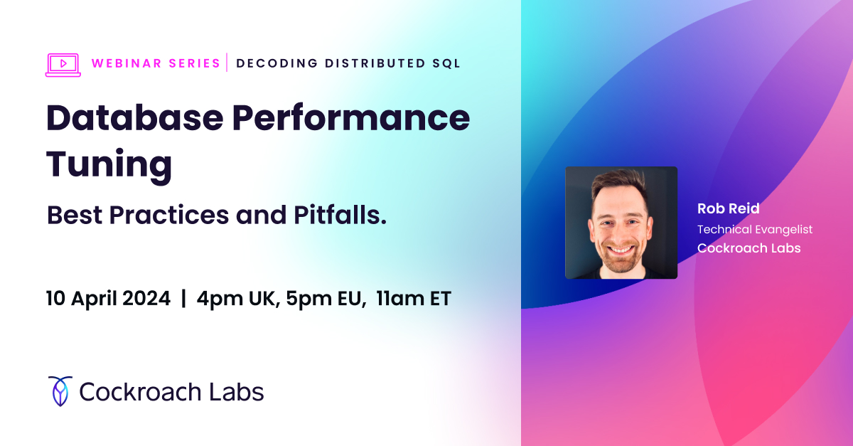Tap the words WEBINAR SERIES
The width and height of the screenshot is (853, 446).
[156, 63]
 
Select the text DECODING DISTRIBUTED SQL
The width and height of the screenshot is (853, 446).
[348, 63]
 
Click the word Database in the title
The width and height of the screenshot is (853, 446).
[134, 118]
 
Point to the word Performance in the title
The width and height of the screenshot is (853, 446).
[351, 118]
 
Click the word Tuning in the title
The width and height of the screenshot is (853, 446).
[109, 165]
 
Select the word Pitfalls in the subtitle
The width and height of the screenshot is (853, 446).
[340, 215]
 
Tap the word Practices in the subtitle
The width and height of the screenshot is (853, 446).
[169, 215]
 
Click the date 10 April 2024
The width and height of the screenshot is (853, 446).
[108, 298]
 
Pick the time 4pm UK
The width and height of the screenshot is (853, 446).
[238, 298]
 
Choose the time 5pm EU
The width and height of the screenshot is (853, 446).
[326, 298]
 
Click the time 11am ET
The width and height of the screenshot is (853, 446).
[414, 298]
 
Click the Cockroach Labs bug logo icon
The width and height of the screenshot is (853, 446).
[60, 391]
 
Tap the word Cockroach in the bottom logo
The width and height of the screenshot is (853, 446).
[140, 392]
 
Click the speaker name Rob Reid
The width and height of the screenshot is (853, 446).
[728, 208]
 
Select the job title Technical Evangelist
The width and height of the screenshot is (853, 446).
[755, 230]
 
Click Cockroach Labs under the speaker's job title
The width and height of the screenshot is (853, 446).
[749, 248]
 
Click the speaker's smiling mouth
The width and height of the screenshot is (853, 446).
[621, 250]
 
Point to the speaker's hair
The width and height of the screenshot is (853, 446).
[620, 183]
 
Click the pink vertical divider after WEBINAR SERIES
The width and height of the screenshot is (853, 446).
[227, 63]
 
